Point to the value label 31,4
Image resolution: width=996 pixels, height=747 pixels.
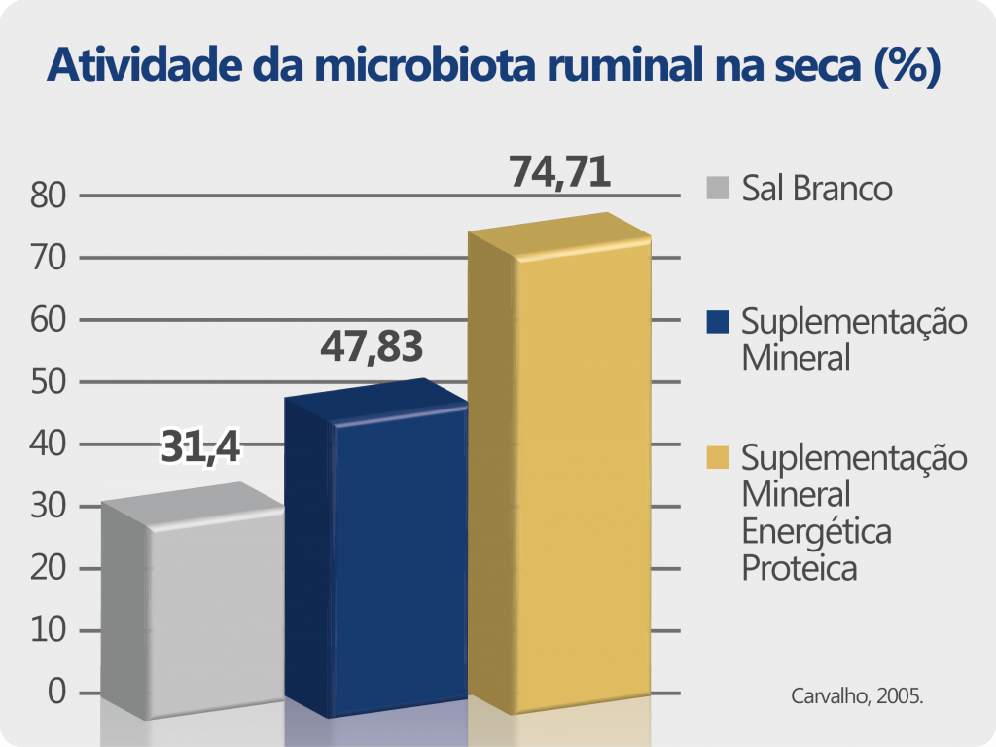(200, 447)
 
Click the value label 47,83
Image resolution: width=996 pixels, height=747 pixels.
(372, 345)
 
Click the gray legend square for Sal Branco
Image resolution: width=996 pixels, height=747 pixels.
(719, 187)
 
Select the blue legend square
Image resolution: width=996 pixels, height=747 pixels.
(719, 321)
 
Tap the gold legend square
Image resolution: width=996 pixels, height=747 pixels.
(719, 456)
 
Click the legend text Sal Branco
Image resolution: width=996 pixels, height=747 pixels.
(816, 188)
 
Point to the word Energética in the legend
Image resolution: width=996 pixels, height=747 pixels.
(816, 531)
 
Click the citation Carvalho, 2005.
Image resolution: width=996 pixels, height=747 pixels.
(856, 696)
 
